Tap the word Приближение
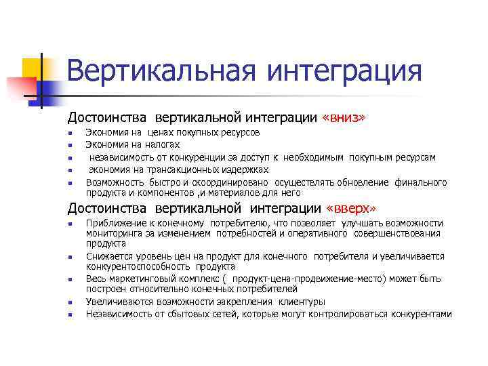point(115,223)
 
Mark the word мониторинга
point(113,233)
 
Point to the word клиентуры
point(300,302)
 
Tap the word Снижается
point(107,256)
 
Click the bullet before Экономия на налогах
point(70,145)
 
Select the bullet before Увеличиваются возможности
point(70,302)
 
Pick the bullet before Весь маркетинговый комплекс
point(70,280)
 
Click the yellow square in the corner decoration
point(32,68)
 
